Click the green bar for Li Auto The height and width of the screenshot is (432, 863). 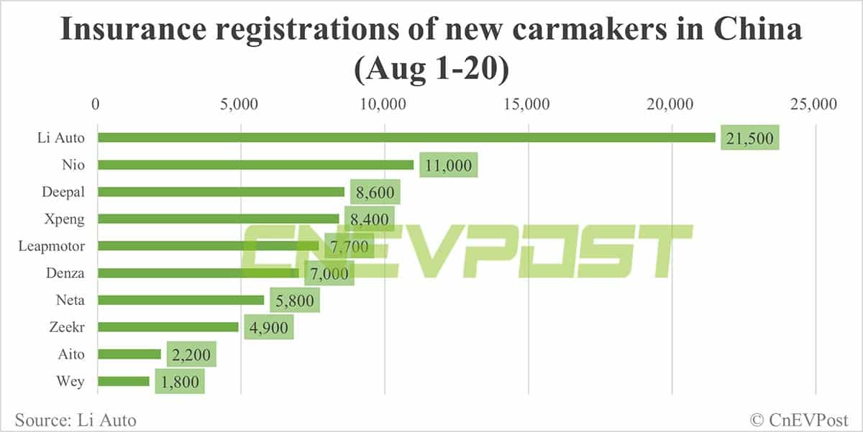(x=406, y=137)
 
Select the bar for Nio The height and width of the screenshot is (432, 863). (x=255, y=165)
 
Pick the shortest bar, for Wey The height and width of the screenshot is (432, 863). (x=123, y=381)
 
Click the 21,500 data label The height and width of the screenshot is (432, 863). (x=750, y=138)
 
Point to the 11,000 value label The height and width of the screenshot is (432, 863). (x=448, y=165)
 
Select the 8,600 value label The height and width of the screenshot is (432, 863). (x=374, y=193)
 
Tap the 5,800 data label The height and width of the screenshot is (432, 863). (x=294, y=300)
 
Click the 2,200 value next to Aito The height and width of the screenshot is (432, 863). (x=191, y=354)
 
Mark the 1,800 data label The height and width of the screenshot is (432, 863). (x=179, y=382)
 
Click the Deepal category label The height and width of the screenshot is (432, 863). (x=63, y=192)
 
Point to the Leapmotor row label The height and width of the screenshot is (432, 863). (x=52, y=246)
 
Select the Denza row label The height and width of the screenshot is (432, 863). (x=65, y=273)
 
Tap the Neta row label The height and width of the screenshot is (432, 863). (x=70, y=300)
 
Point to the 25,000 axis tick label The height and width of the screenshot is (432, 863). (x=813, y=105)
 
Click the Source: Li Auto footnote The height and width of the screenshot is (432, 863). (x=75, y=419)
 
